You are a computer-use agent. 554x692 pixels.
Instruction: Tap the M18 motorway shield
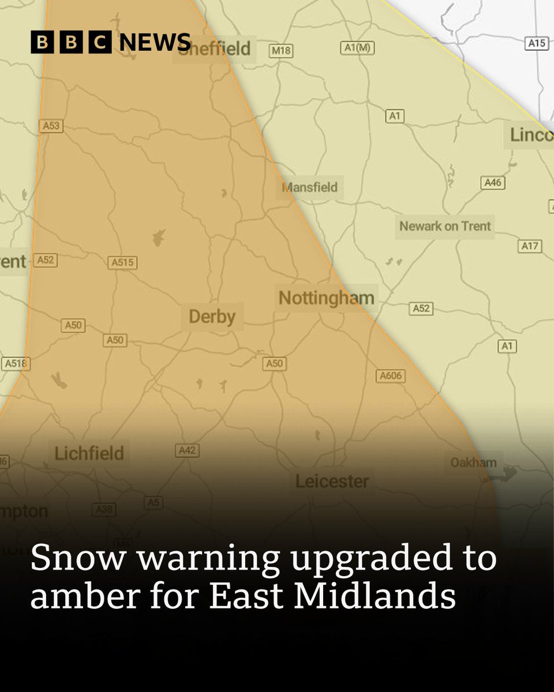[281, 51]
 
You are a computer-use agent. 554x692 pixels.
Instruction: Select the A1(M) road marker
[357, 48]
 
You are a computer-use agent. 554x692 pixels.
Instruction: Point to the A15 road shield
[537, 43]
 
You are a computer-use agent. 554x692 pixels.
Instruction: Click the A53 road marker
[50, 126]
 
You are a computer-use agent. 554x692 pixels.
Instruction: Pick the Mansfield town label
[309, 188]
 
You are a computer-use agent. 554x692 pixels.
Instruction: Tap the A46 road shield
[493, 183]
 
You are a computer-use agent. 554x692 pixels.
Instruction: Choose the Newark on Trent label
[445, 226]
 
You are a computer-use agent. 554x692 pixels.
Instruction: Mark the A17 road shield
[530, 246]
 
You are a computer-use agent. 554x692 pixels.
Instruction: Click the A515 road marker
[122, 262]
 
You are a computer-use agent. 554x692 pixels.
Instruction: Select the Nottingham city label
[326, 298]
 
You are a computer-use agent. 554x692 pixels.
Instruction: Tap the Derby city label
[212, 317]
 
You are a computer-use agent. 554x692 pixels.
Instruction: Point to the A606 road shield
[391, 377]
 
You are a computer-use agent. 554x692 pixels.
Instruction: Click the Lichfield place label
[89, 453]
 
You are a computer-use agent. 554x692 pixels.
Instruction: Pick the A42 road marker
[187, 450]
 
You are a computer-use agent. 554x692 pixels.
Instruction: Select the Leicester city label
[332, 481]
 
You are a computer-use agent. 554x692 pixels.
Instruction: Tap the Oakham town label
[473, 462]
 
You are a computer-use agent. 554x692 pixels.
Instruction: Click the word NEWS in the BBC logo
[155, 42]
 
